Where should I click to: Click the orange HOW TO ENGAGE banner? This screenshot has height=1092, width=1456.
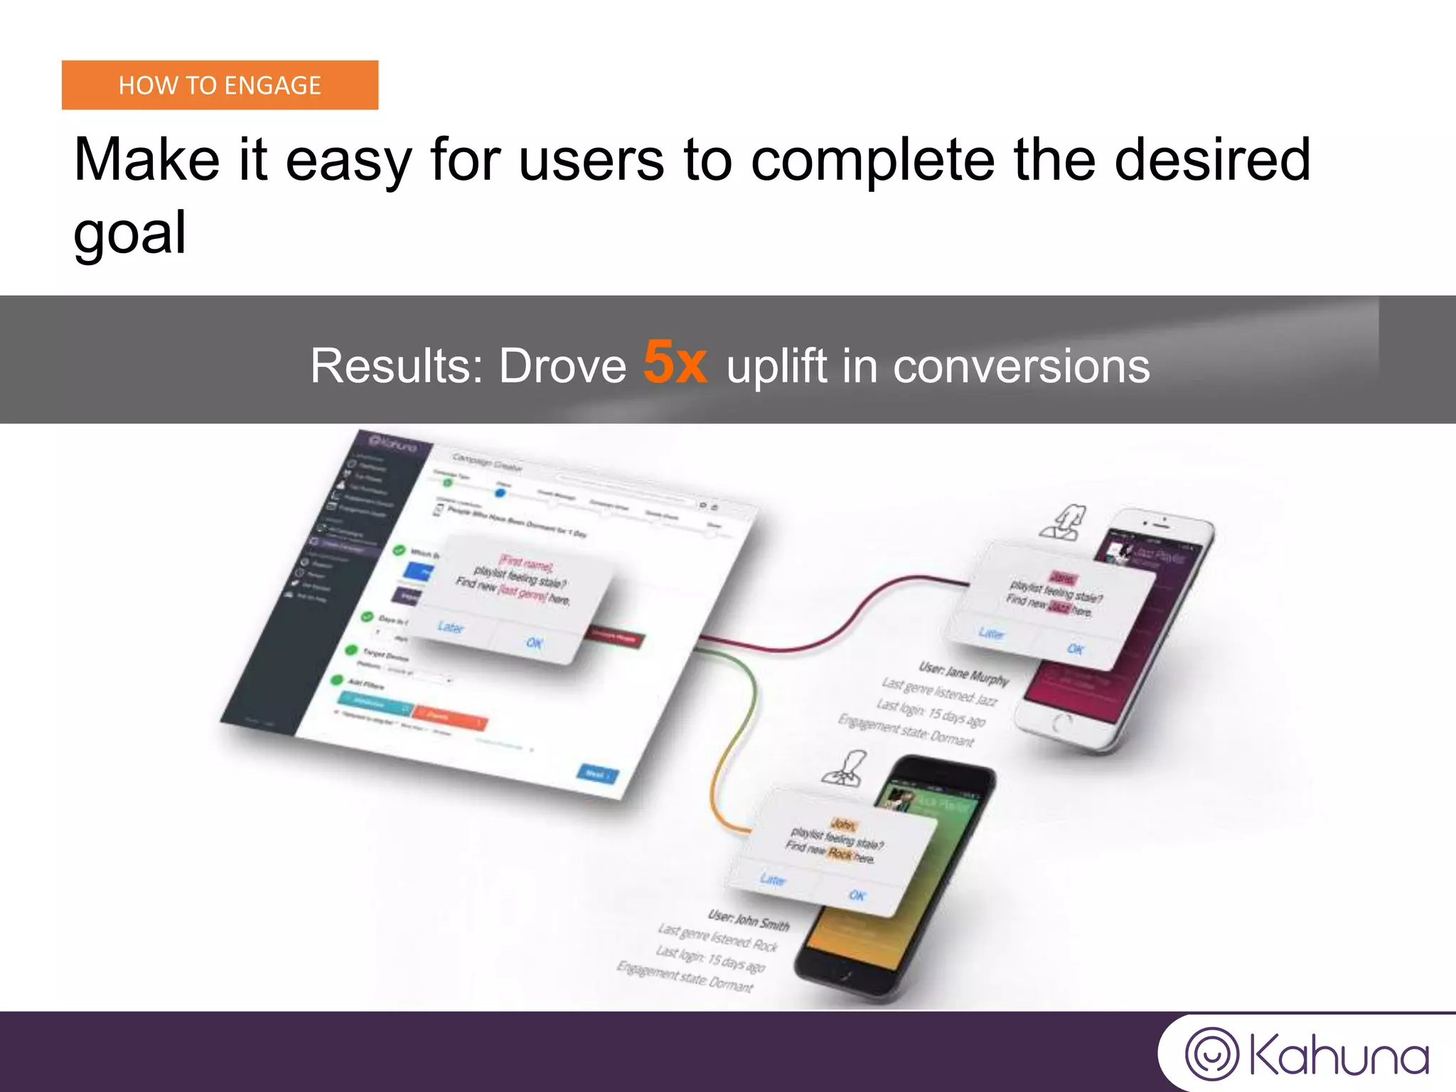220,85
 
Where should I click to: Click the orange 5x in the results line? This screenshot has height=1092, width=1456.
675,363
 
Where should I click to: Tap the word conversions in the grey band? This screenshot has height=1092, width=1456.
1021,367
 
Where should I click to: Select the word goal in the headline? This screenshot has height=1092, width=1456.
129,232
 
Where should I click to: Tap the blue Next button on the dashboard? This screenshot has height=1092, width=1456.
596,773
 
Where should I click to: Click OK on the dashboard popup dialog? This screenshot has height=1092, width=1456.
535,643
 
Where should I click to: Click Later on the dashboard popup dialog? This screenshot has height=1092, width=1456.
451,627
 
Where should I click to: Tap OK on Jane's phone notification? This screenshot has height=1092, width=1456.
1076,649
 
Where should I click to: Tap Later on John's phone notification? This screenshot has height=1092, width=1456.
773,879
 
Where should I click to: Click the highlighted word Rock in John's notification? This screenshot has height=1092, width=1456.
840,853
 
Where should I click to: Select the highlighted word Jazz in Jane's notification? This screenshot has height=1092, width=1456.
1059,606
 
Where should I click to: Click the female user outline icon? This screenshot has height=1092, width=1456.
1064,523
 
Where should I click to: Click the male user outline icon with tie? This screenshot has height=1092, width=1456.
846,769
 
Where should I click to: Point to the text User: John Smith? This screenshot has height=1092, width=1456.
748,920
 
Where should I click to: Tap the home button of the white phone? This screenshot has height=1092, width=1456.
1061,724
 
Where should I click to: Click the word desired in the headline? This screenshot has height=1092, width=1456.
1211,160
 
